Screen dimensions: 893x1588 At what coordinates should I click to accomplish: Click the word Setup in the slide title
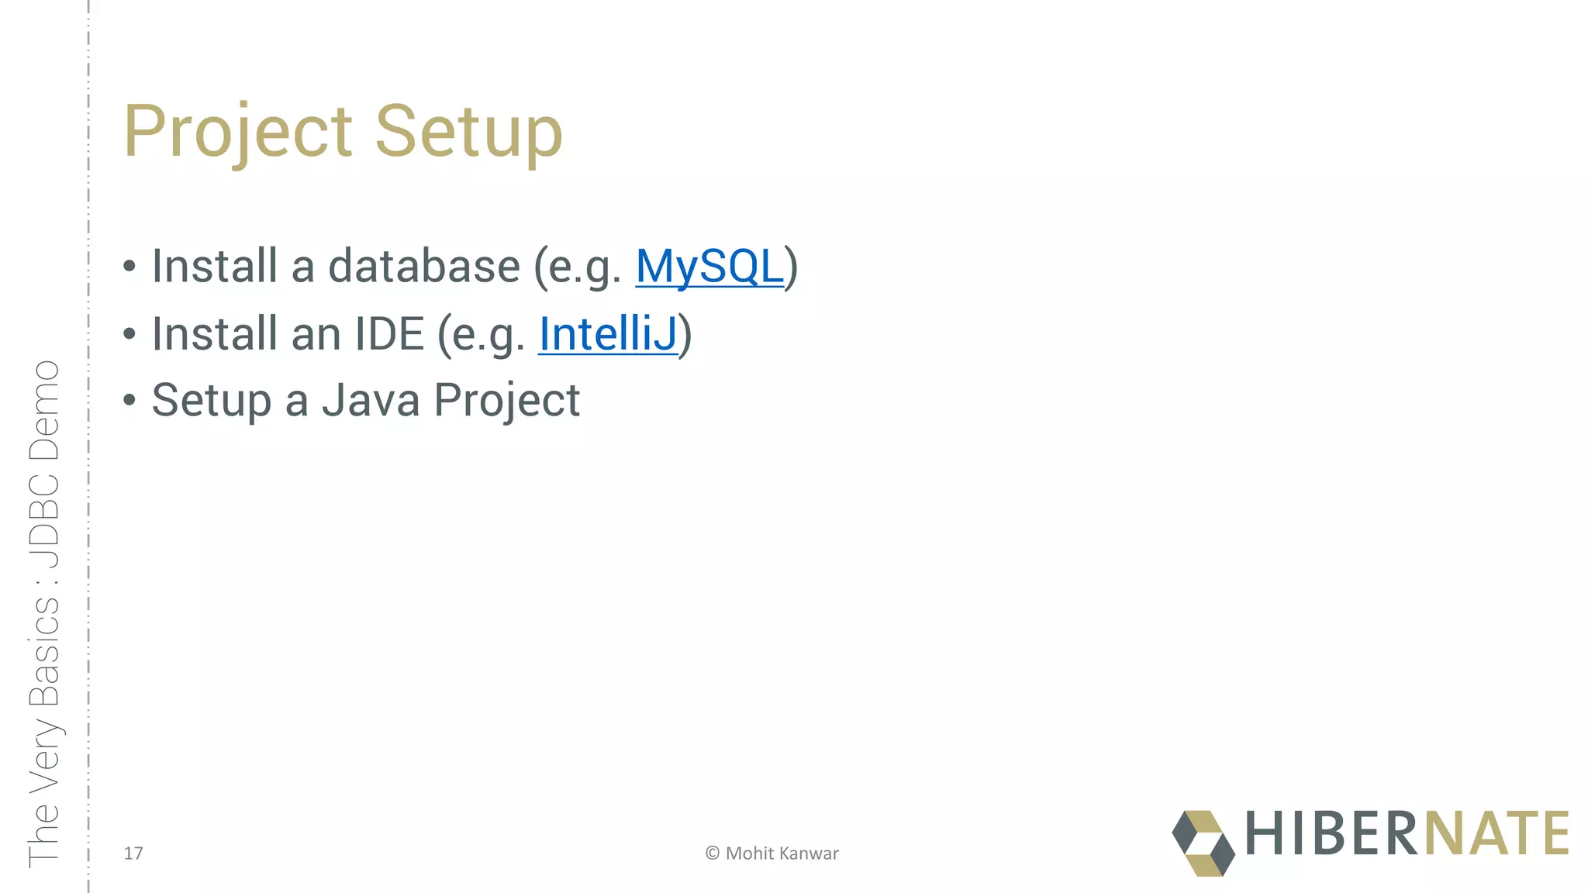click(468, 132)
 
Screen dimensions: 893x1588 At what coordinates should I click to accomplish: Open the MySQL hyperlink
click(709, 267)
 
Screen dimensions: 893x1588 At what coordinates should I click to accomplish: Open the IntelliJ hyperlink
click(607, 334)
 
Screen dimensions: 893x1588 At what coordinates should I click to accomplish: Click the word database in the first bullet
click(424, 267)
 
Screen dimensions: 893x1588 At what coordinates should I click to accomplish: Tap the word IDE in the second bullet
click(389, 334)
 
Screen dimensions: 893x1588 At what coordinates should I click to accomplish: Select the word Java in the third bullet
click(371, 401)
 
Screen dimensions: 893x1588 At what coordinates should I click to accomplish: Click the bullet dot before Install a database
click(129, 267)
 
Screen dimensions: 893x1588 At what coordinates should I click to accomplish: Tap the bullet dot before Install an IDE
click(129, 334)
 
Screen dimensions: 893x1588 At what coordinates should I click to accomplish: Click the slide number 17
click(133, 853)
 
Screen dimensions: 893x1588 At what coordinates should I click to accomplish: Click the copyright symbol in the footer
click(713, 853)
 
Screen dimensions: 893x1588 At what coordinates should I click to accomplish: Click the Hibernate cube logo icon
click(1203, 843)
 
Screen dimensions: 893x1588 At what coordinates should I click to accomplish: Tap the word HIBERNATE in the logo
click(1407, 834)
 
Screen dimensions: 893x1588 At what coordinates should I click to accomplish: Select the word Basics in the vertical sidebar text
click(44, 651)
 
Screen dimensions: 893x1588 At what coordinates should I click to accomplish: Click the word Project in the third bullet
click(506, 401)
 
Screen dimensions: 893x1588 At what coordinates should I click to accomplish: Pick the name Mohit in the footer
click(750, 853)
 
